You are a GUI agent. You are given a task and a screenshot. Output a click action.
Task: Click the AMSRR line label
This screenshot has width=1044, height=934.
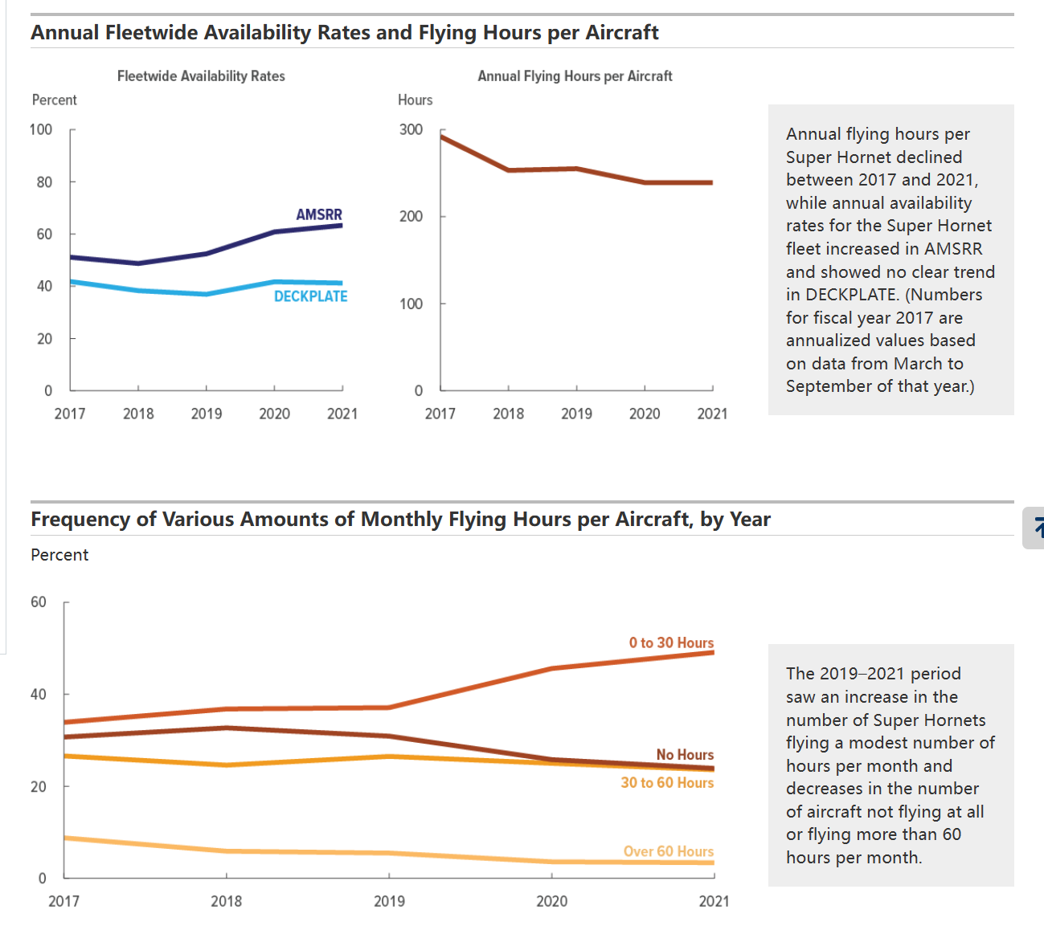tap(319, 214)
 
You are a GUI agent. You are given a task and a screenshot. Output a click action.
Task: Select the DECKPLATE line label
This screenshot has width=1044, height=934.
tap(310, 296)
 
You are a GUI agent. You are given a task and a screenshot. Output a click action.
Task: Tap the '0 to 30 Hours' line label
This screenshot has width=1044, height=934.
tap(671, 642)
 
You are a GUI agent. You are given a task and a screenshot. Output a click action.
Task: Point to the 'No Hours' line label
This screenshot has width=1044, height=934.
tap(685, 754)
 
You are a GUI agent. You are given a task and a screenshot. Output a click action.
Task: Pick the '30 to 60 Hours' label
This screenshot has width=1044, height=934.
tap(667, 782)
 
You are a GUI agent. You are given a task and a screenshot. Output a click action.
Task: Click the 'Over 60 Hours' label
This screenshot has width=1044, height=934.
tap(669, 851)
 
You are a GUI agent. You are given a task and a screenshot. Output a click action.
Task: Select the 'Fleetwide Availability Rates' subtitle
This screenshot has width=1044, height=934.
tap(201, 76)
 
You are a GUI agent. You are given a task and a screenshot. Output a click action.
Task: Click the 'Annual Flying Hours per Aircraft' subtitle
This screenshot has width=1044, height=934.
tap(575, 76)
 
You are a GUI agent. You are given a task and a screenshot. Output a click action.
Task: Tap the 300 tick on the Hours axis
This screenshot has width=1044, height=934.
tap(411, 129)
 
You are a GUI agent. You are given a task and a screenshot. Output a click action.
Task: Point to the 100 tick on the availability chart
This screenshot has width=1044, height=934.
tap(41, 129)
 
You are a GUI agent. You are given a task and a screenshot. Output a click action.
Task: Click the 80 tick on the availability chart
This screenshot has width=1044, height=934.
tap(44, 182)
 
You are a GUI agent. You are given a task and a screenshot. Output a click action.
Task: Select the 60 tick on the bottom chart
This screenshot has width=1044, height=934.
tap(39, 602)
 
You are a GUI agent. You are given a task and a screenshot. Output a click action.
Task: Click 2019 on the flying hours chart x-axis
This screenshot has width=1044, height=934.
tap(576, 414)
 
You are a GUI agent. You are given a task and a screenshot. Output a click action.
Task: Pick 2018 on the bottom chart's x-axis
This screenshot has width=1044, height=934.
tap(226, 901)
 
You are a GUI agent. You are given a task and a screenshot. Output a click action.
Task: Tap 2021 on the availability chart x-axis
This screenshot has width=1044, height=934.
tap(342, 414)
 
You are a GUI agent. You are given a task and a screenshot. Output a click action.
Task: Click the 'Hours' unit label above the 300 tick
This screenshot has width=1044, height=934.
tap(415, 100)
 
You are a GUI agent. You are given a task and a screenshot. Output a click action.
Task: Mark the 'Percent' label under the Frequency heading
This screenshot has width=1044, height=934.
tap(59, 555)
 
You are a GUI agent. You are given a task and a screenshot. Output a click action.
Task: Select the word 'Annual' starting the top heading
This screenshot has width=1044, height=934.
tap(64, 33)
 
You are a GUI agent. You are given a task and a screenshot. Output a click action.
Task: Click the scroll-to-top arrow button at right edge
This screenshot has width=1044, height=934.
tap(1036, 528)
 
